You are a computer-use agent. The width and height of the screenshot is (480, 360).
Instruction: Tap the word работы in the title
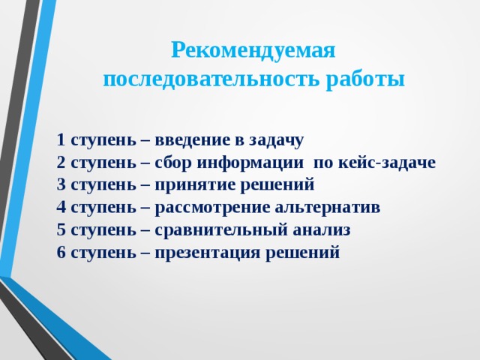click(365, 79)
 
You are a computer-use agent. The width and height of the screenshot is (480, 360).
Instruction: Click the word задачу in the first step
click(275, 140)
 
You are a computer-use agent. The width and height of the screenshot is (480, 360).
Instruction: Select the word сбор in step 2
click(172, 163)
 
